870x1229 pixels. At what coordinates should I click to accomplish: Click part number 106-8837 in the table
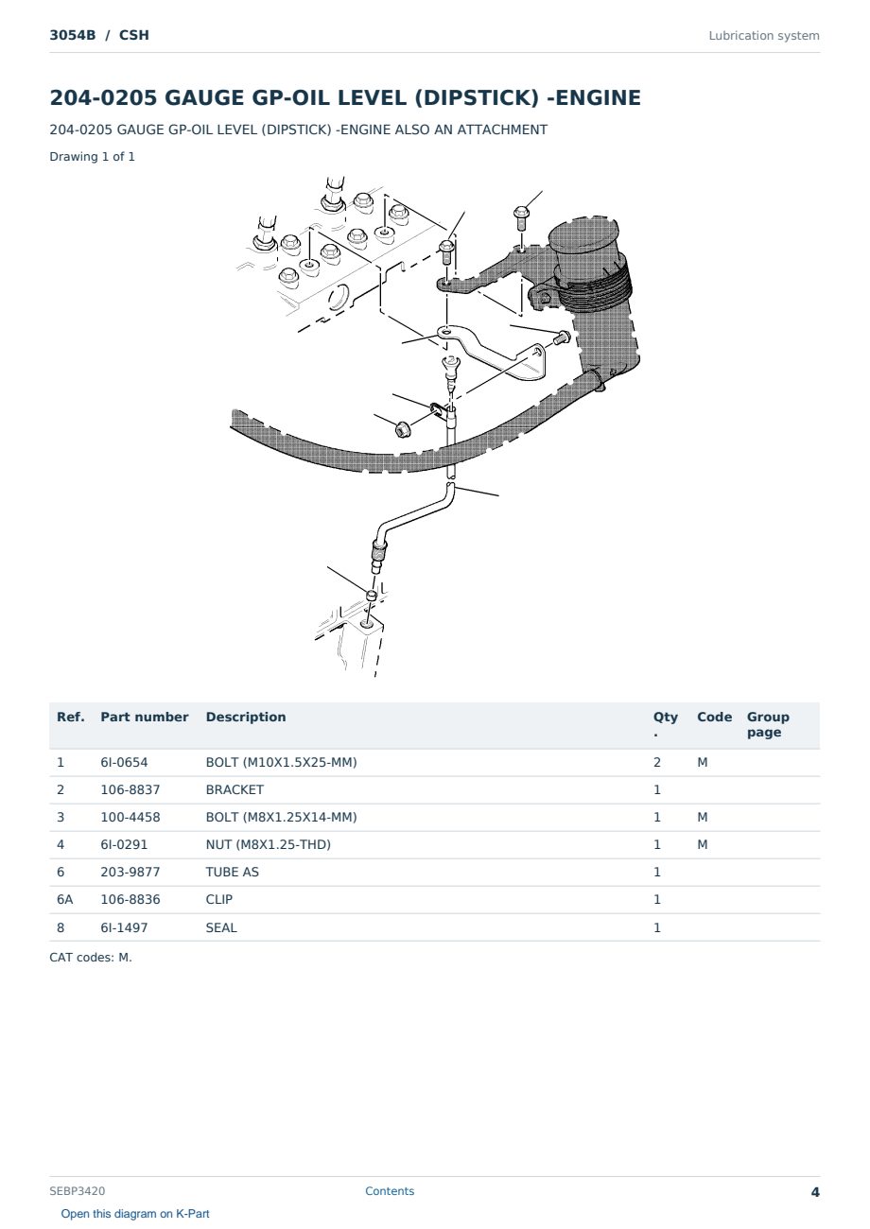130,789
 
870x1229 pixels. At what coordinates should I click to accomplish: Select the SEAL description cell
221,927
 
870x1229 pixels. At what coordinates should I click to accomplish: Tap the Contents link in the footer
390,1191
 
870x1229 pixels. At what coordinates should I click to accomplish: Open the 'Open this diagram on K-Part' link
135,1214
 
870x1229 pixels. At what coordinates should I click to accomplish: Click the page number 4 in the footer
815,1192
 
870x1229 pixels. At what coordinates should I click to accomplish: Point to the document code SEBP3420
78,1191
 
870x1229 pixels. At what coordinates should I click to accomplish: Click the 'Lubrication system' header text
764,36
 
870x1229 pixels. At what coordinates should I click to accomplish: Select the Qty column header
665,724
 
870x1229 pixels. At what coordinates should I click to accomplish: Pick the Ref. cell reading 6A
64,899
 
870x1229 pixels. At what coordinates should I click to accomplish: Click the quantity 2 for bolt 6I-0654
657,762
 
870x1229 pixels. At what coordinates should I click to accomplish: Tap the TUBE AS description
233,872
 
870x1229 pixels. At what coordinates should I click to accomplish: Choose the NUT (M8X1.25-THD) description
269,844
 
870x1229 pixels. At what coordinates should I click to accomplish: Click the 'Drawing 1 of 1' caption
93,157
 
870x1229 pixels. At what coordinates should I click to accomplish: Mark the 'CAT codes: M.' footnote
91,958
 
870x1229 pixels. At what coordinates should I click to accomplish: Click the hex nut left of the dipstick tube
402,429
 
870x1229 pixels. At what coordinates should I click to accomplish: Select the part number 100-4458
130,817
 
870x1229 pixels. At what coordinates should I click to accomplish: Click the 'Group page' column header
768,724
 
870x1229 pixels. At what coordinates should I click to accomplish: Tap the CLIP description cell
219,899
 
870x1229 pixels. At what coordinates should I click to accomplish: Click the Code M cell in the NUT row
702,844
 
